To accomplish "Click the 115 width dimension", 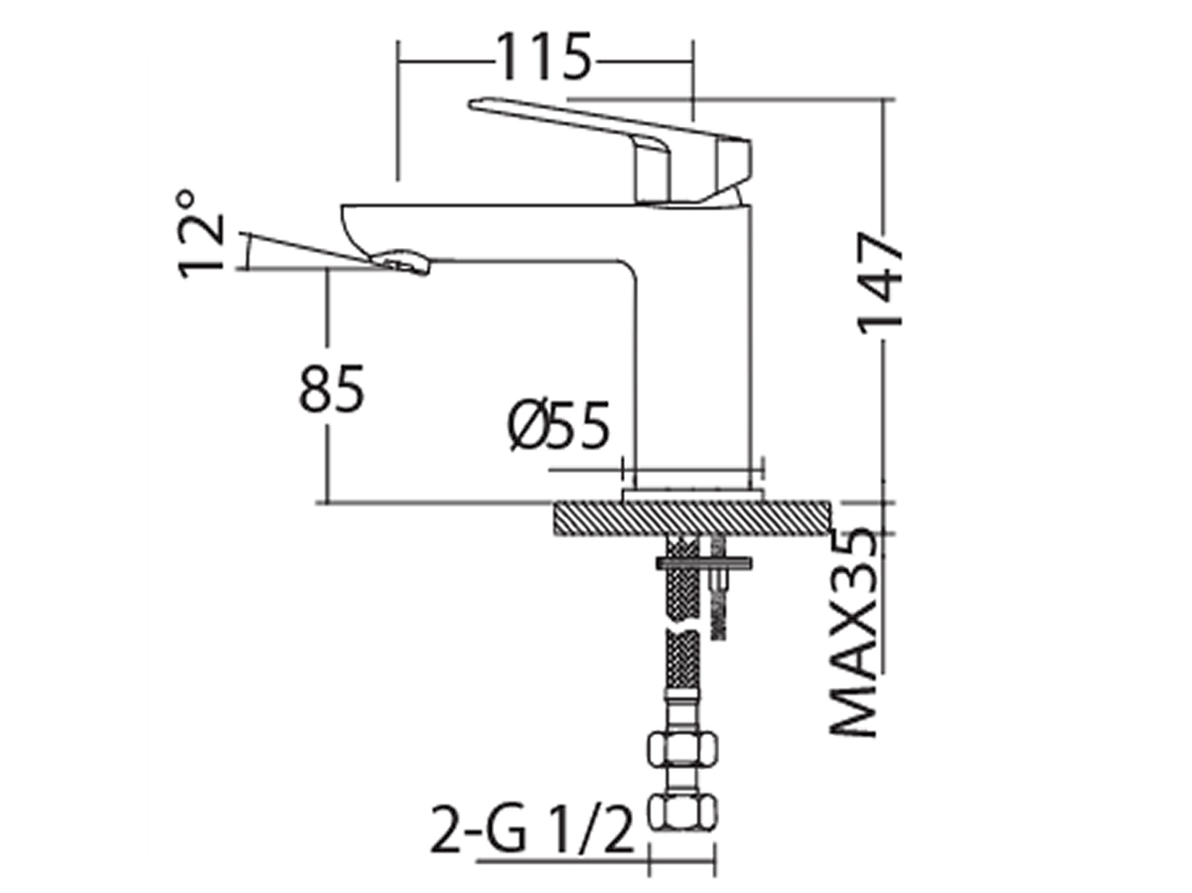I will (x=544, y=60).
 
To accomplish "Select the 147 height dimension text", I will (x=882, y=284).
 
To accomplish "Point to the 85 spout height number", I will (x=332, y=389).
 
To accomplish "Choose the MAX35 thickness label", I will (x=856, y=633).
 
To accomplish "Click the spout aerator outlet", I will (x=402, y=262).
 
